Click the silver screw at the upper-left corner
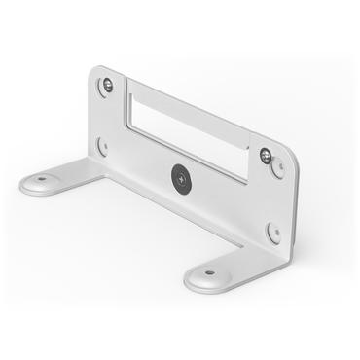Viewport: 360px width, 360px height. click(107, 86)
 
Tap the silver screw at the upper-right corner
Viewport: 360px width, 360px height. click(265, 154)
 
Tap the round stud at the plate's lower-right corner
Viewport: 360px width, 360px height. click(274, 232)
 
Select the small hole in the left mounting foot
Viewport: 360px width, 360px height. click(43, 178)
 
